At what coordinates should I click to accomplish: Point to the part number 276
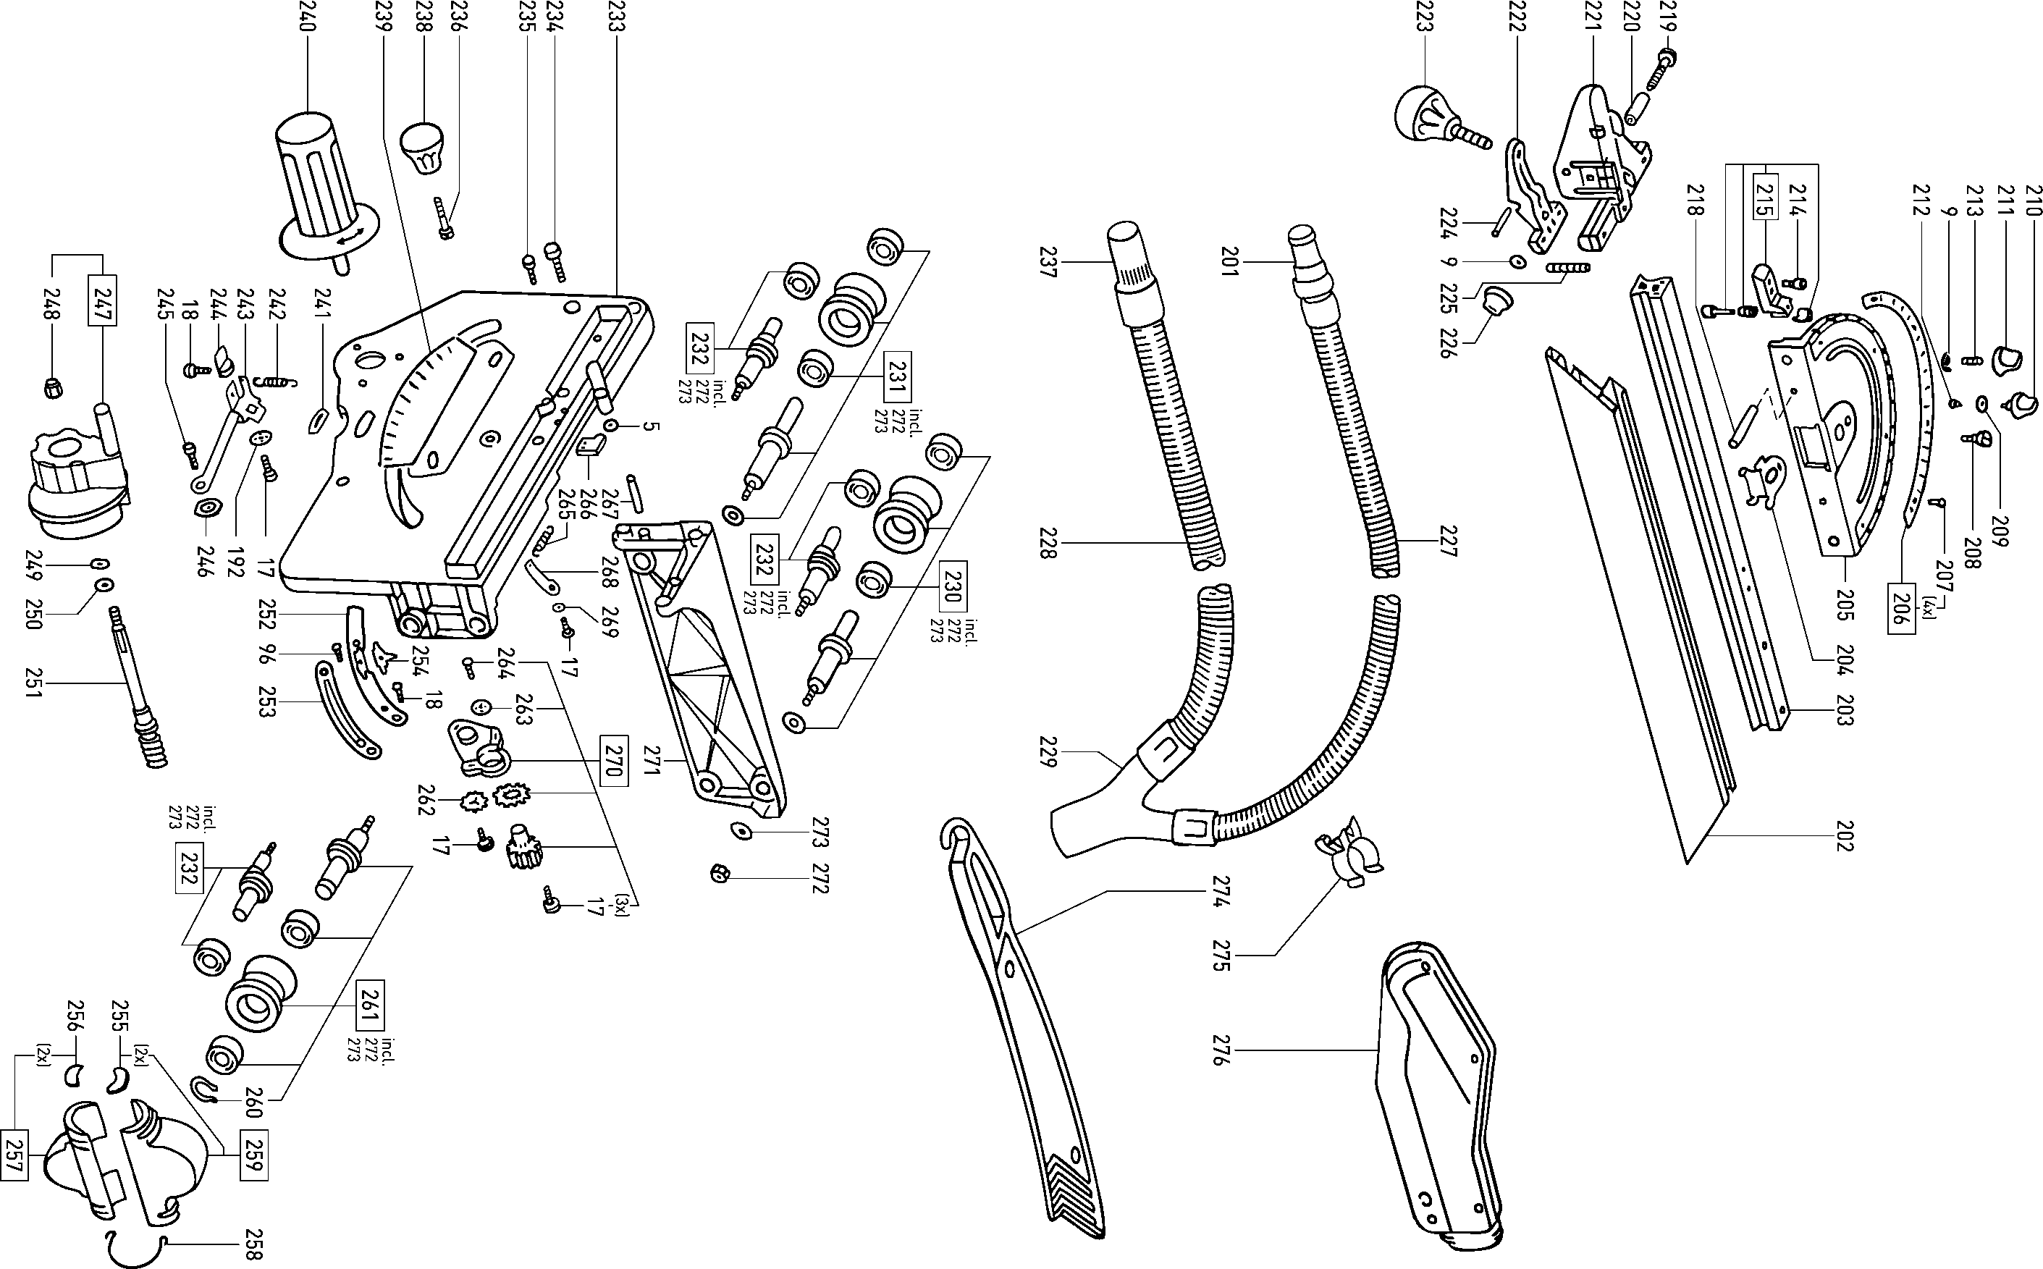pos(1222,1050)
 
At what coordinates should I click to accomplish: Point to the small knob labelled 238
pos(422,148)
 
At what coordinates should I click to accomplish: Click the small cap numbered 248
pos(53,389)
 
